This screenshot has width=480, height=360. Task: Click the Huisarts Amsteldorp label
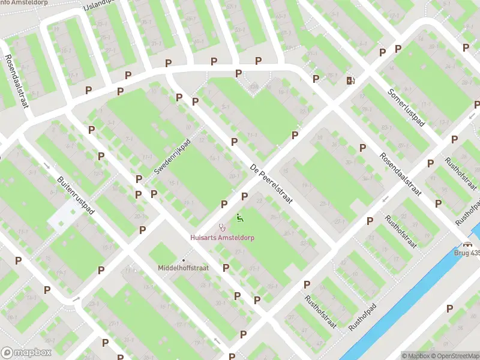222,238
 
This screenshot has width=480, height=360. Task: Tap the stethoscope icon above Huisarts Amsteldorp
223,227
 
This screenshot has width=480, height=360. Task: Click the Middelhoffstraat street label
183,268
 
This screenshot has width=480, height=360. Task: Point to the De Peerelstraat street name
271,184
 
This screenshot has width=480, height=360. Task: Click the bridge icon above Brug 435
467,244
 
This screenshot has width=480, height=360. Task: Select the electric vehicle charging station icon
350,80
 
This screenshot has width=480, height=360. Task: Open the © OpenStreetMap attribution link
455,356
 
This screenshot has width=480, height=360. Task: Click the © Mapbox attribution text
415,356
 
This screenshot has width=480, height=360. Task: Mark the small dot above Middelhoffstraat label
184,260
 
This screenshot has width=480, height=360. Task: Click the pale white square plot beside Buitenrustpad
64,215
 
